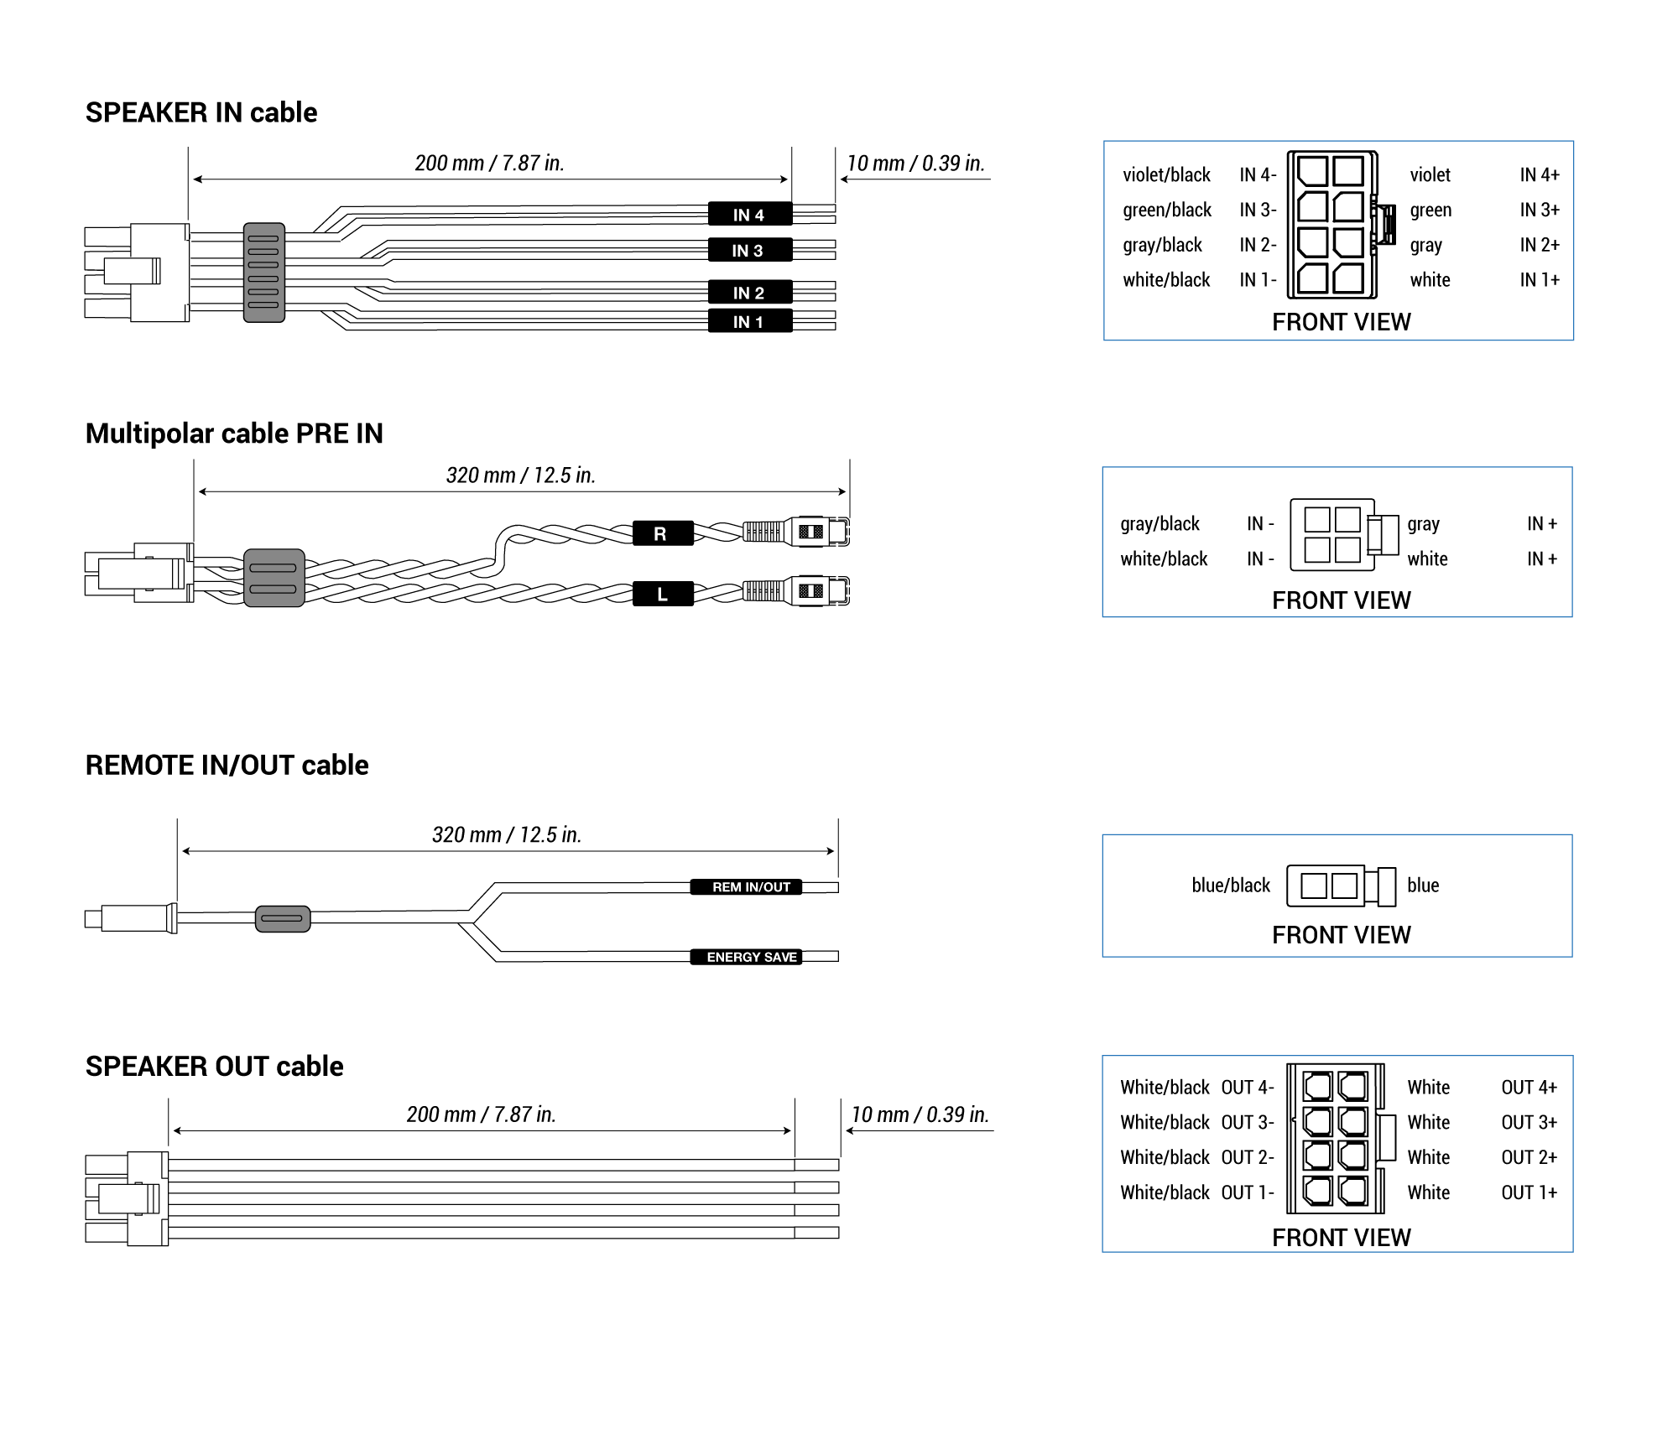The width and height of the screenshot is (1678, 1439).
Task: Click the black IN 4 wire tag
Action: [x=749, y=215]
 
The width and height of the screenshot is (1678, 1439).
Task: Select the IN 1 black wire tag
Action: [x=749, y=322]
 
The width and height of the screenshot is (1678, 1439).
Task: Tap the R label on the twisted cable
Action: [x=662, y=533]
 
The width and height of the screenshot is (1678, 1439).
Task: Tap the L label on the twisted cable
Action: [x=662, y=595]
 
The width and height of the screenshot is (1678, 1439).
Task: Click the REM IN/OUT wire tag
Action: [x=746, y=887]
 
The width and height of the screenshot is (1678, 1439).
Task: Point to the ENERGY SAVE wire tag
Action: [x=746, y=957]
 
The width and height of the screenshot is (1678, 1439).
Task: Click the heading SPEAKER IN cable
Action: [x=201, y=112]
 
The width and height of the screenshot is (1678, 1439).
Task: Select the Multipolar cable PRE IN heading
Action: [x=234, y=434]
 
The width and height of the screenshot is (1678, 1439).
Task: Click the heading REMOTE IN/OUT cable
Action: [x=227, y=765]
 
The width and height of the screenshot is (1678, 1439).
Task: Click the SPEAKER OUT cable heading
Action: [x=214, y=1066]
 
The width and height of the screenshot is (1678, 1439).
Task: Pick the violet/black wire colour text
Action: [x=1166, y=175]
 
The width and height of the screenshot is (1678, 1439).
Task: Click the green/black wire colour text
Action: [x=1167, y=210]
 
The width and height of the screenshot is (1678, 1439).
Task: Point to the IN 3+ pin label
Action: [x=1540, y=210]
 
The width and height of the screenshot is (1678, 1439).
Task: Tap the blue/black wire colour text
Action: [x=1231, y=886]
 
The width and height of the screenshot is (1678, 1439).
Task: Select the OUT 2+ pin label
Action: [x=1529, y=1158]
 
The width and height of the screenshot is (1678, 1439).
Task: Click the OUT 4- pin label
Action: [x=1248, y=1088]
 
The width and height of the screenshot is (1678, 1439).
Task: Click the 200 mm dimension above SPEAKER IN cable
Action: [x=489, y=164]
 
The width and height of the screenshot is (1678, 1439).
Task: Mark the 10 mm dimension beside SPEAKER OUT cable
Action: [x=920, y=1114]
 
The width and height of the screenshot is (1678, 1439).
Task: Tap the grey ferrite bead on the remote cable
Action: [x=283, y=918]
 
